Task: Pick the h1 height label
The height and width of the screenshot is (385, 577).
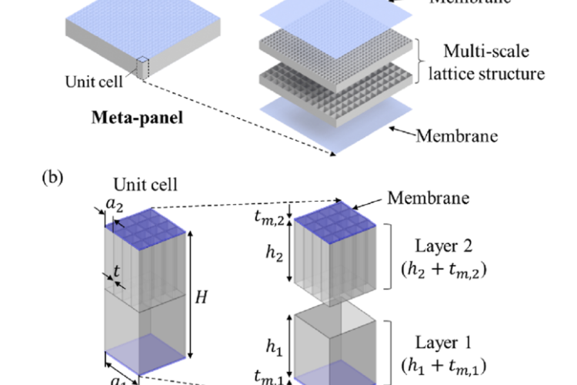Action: (271, 345)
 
